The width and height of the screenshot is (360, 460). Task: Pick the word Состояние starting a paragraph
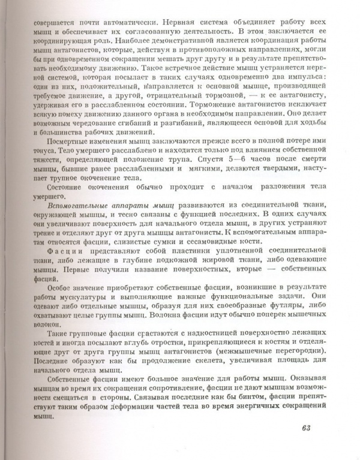point(52,187)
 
